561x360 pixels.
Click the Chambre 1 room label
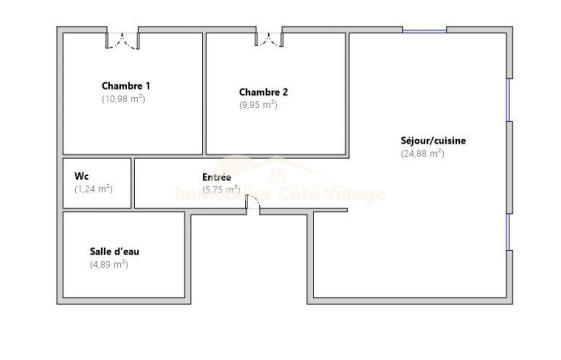tap(126, 86)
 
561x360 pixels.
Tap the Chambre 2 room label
tap(264, 92)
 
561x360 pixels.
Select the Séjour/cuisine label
tap(433, 141)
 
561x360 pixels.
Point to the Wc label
tap(82, 175)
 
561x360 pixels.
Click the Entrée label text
tap(217, 177)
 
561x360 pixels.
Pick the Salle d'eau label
tap(114, 251)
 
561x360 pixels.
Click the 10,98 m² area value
tap(124, 99)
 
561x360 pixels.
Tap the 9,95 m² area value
tap(258, 104)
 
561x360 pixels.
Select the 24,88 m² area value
tap(421, 154)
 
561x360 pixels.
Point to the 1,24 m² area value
tap(93, 188)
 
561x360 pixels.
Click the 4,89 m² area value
tap(109, 264)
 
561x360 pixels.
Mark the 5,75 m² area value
tap(221, 189)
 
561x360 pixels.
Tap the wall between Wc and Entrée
tap(133, 183)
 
